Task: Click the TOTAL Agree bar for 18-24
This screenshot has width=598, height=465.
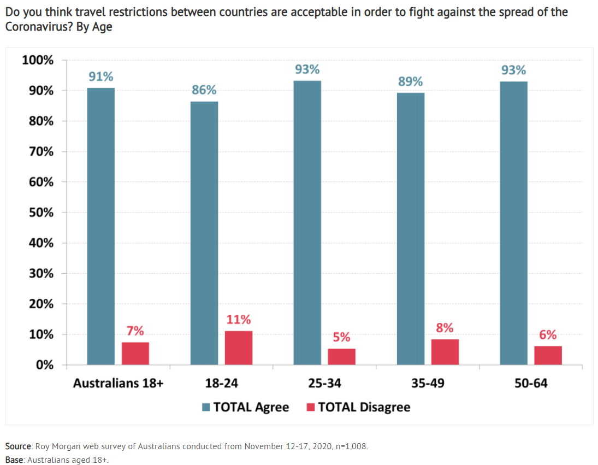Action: click(204, 233)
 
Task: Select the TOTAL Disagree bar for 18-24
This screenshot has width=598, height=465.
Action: click(239, 348)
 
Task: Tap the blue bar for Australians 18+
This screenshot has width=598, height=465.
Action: click(101, 226)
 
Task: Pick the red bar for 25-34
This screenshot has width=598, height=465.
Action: click(342, 356)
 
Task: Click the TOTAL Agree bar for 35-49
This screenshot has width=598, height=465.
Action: click(411, 228)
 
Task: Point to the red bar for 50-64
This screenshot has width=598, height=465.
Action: click(548, 355)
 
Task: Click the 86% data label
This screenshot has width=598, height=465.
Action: click(204, 90)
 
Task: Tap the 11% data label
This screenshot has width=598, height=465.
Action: click(239, 319)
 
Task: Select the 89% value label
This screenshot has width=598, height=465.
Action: click(411, 81)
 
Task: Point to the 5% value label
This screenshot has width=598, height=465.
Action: click(342, 337)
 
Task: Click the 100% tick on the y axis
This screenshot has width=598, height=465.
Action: click(38, 60)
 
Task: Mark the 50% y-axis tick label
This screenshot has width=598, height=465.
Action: click(40, 213)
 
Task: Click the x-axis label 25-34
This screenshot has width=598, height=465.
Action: click(324, 383)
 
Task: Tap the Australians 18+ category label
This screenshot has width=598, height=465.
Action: click(119, 383)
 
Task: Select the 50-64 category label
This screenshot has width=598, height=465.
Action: click(531, 383)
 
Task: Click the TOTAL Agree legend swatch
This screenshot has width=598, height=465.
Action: click(206, 407)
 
